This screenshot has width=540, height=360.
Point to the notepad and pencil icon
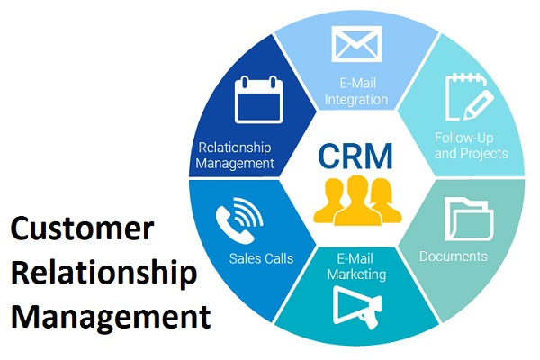(x=467, y=98)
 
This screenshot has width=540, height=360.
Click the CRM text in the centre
(x=355, y=155)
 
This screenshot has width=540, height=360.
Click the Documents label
(x=453, y=256)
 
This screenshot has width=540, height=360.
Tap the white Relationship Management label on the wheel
(x=235, y=154)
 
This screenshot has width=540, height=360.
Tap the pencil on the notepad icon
(x=476, y=100)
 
